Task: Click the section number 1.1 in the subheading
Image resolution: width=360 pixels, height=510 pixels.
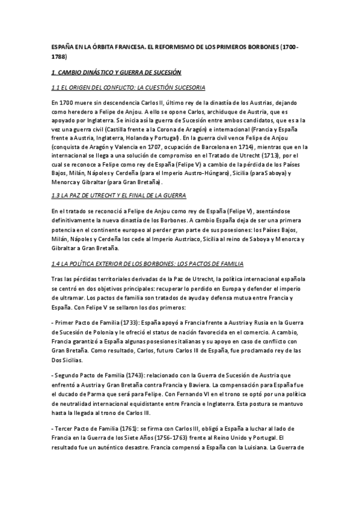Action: (57, 88)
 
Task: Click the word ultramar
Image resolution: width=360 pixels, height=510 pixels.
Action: (68, 298)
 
